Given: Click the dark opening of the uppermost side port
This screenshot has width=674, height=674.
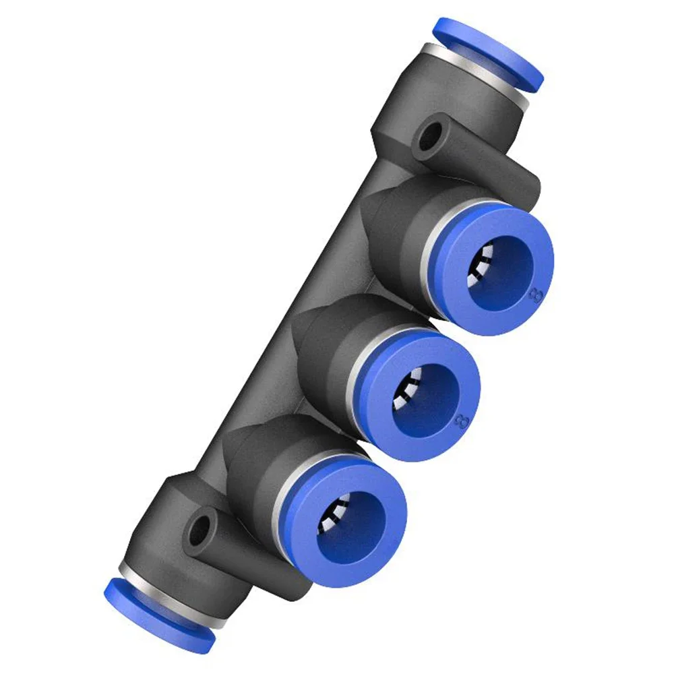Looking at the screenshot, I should point(502,267).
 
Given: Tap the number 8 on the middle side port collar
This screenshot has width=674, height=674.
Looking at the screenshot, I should point(462,421).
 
